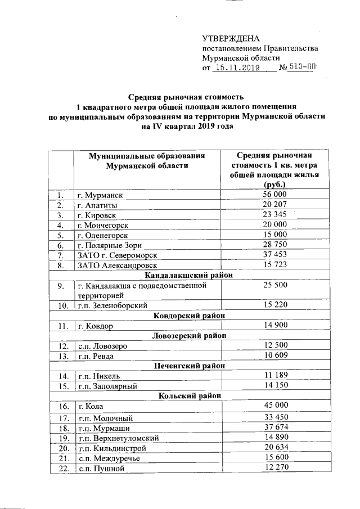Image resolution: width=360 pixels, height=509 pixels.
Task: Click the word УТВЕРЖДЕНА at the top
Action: coord(231,38)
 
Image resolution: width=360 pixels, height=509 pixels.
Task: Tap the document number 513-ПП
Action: coord(303,68)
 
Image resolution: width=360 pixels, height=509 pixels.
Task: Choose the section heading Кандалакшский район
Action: coord(188,276)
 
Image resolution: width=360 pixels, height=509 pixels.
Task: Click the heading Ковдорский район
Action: coord(188,316)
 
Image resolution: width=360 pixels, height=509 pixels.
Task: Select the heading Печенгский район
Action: coord(188,366)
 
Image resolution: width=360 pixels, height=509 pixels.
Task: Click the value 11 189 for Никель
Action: coord(274,376)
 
